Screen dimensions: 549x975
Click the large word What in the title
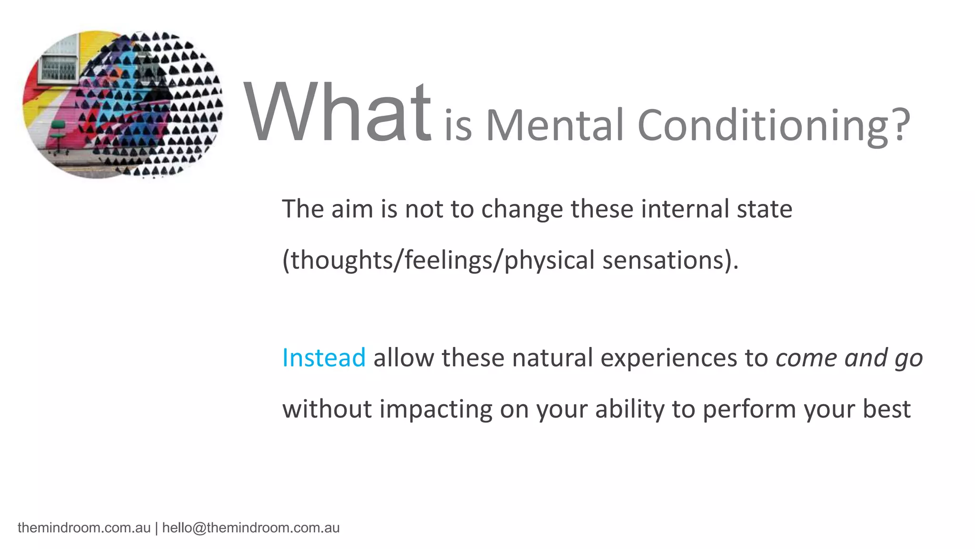coord(337,112)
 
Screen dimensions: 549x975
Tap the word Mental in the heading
coord(554,125)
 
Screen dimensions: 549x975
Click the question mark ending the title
coord(900,125)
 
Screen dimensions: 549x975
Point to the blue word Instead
coord(324,357)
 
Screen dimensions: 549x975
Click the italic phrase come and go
coord(849,358)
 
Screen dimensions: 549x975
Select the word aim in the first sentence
coord(352,209)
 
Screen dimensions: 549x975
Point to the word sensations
coord(664,260)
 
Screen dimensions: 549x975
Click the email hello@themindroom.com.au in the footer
coord(251,528)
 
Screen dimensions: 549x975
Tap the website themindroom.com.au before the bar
coord(84,528)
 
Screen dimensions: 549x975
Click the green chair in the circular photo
coord(58,135)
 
